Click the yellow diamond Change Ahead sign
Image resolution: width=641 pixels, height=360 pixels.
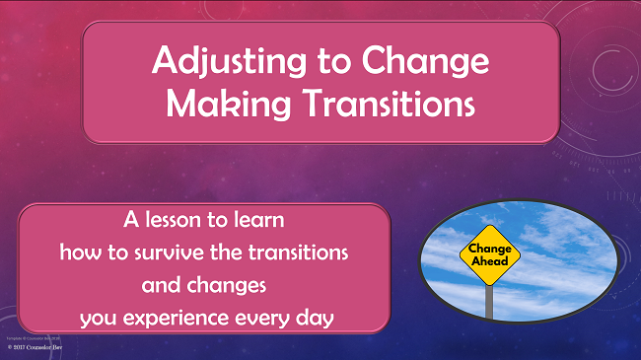pos(489,255)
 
